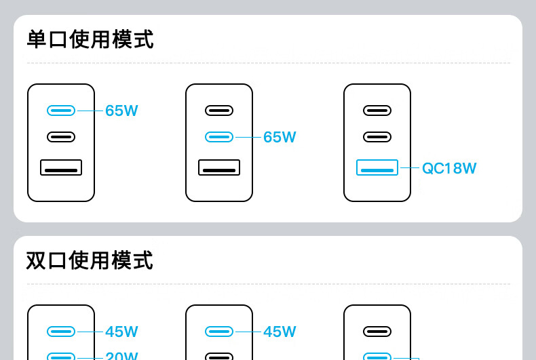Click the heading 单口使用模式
[x=90, y=39]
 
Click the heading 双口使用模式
[x=90, y=260]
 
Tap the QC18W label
[x=449, y=168]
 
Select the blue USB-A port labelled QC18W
[x=377, y=167]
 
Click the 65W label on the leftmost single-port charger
[x=121, y=111]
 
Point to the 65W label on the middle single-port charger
[x=280, y=137]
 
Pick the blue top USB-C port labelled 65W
[x=61, y=110]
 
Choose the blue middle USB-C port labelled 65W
[x=219, y=137]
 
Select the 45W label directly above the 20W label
[x=121, y=332]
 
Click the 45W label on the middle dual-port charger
[x=280, y=332]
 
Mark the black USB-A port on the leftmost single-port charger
[x=61, y=167]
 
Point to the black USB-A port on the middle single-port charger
[x=219, y=167]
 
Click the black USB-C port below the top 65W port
[x=61, y=137]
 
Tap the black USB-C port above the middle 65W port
[x=219, y=110]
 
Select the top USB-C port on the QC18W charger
[x=377, y=110]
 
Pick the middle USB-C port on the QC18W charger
[x=377, y=137]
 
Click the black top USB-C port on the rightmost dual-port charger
[x=377, y=332]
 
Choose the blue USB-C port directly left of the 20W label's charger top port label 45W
[x=61, y=332]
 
